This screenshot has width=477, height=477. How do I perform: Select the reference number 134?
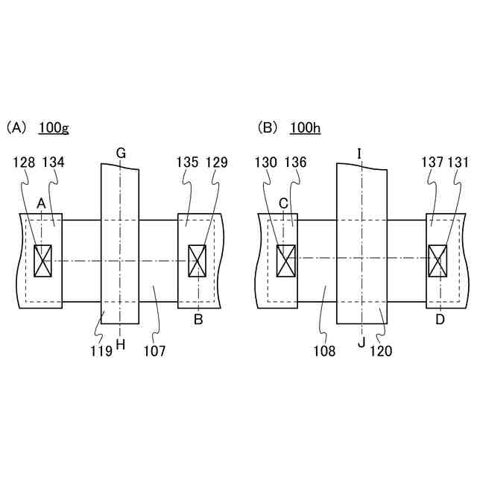click(54, 162)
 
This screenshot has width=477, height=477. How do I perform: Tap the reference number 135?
click(186, 162)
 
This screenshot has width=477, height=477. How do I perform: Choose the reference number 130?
click(265, 162)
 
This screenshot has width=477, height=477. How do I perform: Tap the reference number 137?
click(432, 162)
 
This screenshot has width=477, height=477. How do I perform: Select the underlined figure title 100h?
click(306, 127)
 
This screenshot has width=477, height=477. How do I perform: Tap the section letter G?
click(120, 154)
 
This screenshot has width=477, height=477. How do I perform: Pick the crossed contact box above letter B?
click(198, 261)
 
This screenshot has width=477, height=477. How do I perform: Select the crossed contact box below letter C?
click(286, 260)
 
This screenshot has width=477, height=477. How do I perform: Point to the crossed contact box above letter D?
click(437, 260)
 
